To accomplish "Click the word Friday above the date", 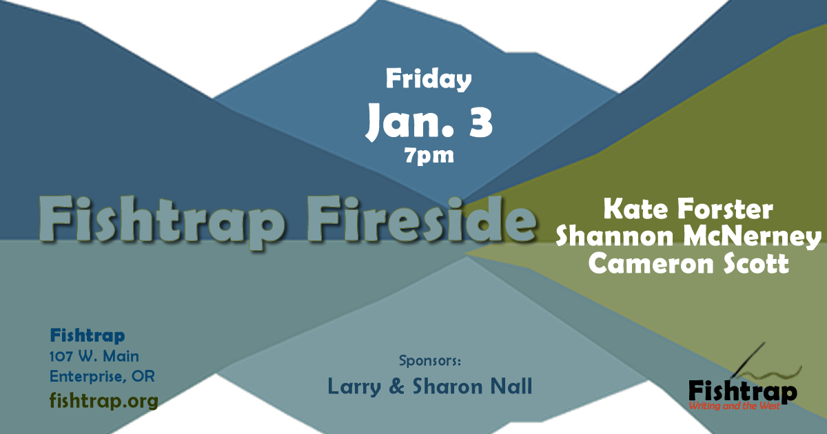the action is coord(429,79).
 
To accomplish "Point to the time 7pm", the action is coord(429,156).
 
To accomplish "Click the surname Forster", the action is coord(726,209).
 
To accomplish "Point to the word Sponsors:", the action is coord(430,360).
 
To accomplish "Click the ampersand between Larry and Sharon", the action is coord(396,386).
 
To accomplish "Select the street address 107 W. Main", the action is coord(94,356).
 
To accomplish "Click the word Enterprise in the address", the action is coord(89,376).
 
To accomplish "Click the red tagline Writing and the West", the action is coord(735,406).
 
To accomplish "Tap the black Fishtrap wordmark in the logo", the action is coord(742,392).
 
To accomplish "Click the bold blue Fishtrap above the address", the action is coord(88,336).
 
